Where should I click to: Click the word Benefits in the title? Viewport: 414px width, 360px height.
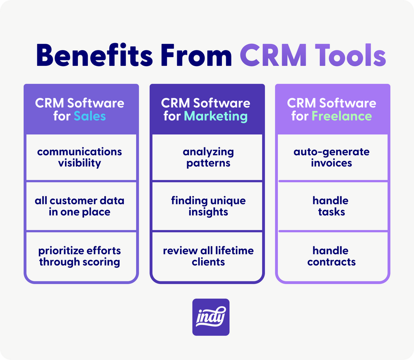tap(94, 55)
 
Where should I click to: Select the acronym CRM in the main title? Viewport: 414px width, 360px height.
tap(273, 55)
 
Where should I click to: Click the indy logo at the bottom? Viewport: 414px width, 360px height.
tap(211, 317)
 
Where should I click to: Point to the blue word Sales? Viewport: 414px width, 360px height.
tap(90, 116)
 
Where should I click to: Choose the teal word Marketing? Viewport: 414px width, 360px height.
tap(216, 116)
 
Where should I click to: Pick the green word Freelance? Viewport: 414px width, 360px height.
tap(342, 116)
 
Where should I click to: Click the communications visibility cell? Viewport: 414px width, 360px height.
tap(81, 157)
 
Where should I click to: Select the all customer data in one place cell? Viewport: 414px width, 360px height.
tap(81, 206)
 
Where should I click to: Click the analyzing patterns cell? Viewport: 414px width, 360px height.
tap(207, 157)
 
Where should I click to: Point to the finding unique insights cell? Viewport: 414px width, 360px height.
tap(207, 206)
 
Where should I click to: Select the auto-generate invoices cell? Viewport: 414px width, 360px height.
tap(333, 157)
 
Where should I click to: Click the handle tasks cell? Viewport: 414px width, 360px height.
tap(333, 206)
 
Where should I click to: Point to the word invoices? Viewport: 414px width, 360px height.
tap(331, 163)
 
